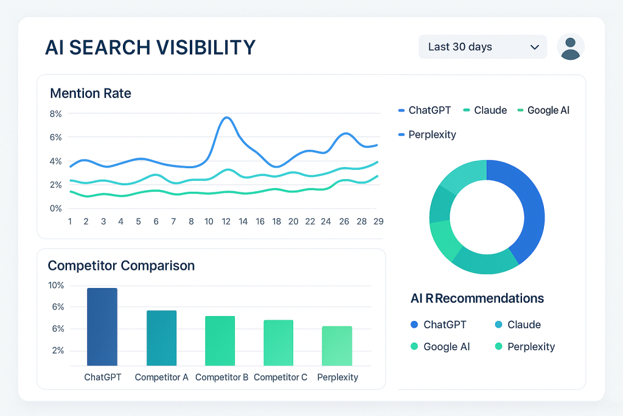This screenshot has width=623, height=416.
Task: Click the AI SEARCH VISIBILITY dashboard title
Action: [150, 48]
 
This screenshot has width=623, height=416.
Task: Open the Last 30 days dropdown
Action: [482, 47]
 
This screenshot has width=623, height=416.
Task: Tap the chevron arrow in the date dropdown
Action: [535, 47]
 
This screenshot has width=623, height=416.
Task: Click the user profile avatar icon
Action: [570, 48]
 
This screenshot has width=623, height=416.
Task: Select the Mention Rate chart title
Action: [91, 93]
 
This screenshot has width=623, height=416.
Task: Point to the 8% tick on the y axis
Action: [55, 114]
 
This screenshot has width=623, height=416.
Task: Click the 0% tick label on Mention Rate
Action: [55, 208]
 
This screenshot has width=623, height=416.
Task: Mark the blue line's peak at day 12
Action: [226, 118]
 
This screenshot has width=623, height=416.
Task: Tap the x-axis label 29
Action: [378, 222]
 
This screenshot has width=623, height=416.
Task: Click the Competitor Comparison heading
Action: [121, 266]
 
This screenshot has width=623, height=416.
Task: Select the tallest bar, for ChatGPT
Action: [102, 327]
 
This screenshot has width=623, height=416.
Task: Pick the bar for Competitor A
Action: [161, 338]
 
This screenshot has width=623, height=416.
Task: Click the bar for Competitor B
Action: [220, 341]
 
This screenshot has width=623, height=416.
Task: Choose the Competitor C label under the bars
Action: [280, 377]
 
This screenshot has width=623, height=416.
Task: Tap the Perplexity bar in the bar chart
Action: [337, 346]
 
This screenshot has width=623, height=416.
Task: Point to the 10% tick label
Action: [56, 286]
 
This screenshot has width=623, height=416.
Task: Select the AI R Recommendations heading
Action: [477, 298]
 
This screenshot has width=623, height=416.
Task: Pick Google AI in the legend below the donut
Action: [447, 347]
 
